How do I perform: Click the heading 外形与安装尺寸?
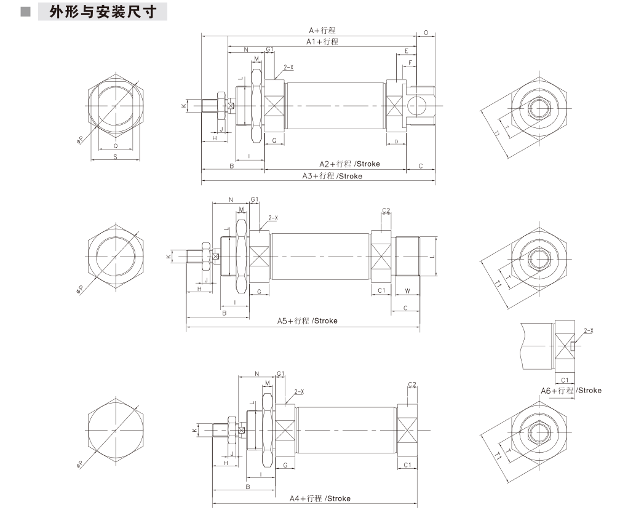click(103, 12)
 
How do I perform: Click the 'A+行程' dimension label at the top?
click(322, 30)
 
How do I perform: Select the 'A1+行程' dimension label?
click(322, 41)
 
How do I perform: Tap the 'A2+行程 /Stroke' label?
click(349, 164)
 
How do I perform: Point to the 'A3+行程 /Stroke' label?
click(332, 176)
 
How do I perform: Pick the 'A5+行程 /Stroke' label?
click(307, 321)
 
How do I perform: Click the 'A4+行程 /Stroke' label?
click(320, 498)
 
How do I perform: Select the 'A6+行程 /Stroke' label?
click(571, 391)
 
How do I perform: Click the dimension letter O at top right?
click(426, 33)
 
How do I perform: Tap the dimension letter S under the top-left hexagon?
click(116, 156)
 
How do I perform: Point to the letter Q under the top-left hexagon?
click(116, 145)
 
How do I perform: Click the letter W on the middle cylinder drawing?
click(407, 291)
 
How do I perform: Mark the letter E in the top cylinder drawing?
click(407, 51)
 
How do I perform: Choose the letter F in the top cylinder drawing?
click(410, 63)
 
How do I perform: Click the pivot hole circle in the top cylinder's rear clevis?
click(418, 106)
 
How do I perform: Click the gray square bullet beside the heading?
click(25, 12)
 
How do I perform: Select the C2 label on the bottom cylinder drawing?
click(412, 385)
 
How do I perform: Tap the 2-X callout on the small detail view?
click(589, 330)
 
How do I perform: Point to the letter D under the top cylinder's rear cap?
click(396, 141)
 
